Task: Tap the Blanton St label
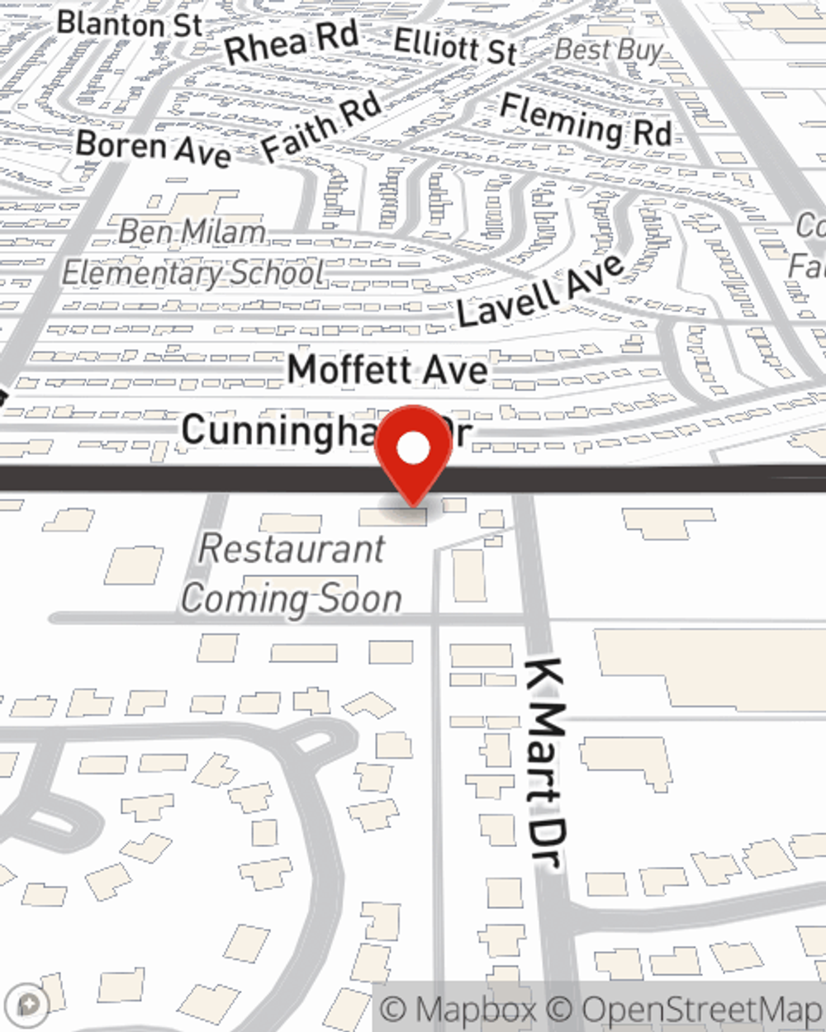[130, 24]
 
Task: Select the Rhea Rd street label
[291, 43]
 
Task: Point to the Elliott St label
[455, 45]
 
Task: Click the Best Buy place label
[609, 50]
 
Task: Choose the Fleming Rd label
[586, 121]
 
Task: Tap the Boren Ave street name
[153, 149]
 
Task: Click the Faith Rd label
[321, 126]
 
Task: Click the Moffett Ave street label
[387, 369]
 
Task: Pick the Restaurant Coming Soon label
[292, 574]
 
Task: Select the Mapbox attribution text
[458, 1010]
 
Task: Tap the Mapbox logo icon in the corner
[31, 1003]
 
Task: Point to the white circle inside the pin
[414, 448]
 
